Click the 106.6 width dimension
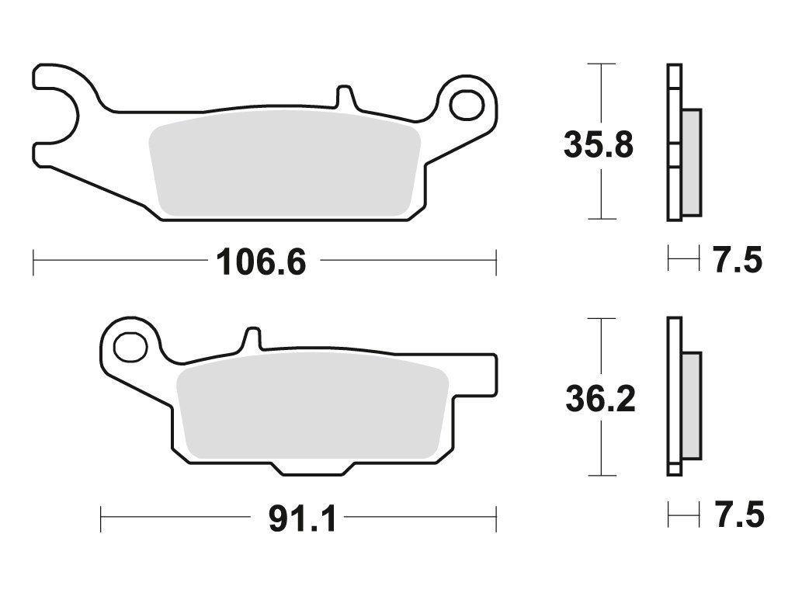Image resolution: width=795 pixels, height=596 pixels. (x=261, y=262)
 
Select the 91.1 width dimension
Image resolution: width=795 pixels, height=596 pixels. (x=302, y=518)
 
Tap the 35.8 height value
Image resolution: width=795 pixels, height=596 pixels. (x=599, y=144)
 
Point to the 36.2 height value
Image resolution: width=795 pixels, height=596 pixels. (x=600, y=400)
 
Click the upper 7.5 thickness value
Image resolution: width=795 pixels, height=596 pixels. (x=738, y=261)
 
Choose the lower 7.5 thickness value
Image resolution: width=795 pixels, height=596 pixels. (x=739, y=515)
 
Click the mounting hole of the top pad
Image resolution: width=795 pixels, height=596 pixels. (x=467, y=105)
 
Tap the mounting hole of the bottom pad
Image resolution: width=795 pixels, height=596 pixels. (x=130, y=348)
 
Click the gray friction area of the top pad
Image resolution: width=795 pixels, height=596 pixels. (x=285, y=165)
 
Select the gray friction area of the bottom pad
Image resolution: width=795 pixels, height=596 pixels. (x=313, y=405)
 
